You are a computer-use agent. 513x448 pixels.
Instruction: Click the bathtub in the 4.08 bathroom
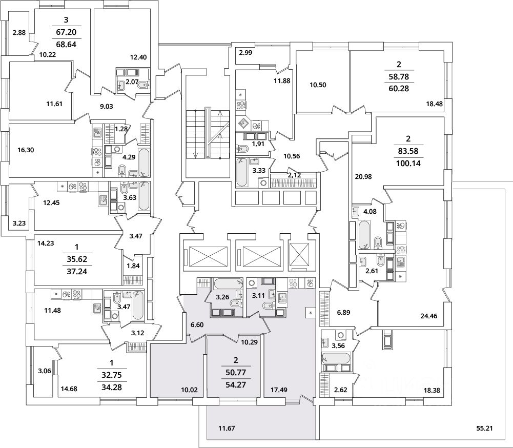coord(364,234)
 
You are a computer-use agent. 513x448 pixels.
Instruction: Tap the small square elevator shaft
coord(300,254)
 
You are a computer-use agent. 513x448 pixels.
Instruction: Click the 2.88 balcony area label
coord(19,33)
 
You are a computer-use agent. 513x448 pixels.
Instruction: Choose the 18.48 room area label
coord(435,104)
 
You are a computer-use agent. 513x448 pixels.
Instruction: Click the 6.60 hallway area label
coord(197,324)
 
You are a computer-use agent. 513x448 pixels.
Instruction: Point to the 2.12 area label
coord(294,175)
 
